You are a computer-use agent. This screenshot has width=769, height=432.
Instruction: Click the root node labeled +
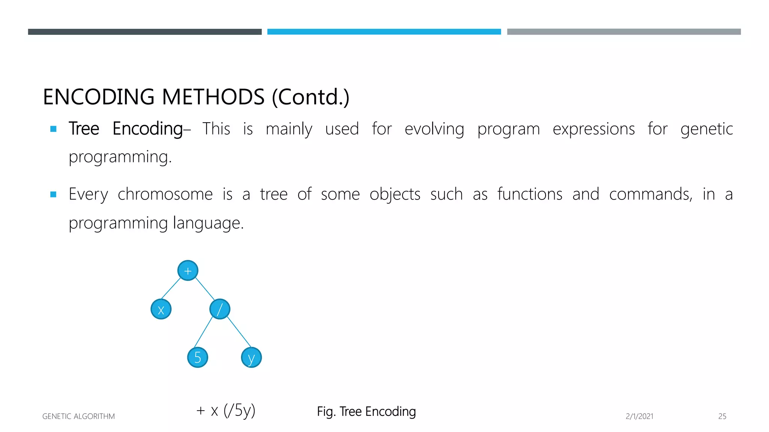[188, 270]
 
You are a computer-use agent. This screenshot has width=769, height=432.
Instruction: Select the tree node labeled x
[161, 309]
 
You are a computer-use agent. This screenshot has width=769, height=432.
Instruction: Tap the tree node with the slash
[220, 309]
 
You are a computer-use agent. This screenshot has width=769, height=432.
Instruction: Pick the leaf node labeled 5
[198, 357]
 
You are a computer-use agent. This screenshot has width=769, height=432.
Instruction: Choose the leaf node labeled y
[251, 357]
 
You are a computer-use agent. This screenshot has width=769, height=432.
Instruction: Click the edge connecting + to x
[171, 288]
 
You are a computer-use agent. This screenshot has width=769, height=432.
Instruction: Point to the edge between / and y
[239, 331]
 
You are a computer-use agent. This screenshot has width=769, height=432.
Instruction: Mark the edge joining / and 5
[204, 331]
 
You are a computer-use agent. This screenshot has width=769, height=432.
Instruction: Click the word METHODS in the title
[213, 97]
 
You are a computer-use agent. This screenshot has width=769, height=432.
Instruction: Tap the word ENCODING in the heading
[99, 97]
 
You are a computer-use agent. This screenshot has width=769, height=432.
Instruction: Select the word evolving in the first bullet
[434, 129]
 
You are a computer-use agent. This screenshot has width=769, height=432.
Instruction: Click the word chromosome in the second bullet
[165, 194]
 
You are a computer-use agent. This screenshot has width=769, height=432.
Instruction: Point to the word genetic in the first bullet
[707, 129]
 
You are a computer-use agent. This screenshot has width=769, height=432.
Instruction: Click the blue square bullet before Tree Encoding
[53, 129]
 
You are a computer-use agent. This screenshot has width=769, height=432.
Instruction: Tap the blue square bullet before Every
[53, 194]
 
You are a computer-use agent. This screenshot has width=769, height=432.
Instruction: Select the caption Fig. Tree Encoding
[366, 411]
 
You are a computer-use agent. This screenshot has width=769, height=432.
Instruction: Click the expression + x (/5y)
[226, 410]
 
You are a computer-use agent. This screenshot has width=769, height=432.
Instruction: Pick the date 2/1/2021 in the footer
[639, 416]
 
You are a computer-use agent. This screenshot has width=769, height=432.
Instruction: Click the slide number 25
[722, 416]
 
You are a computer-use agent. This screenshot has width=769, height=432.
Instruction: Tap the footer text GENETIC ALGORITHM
[78, 416]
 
